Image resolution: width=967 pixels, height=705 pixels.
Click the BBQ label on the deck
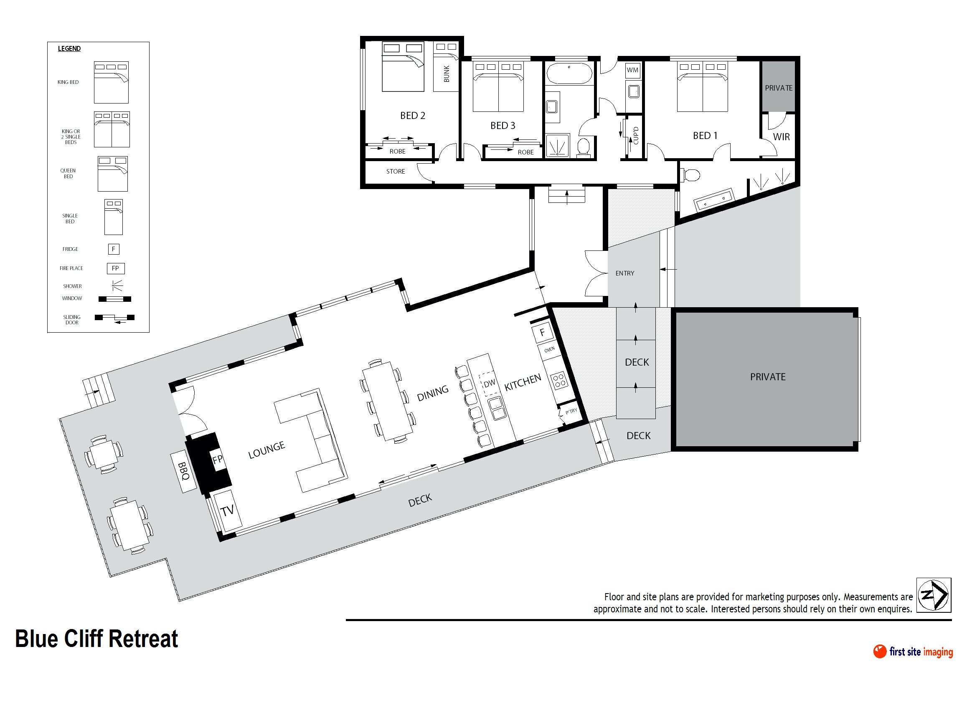[183, 471]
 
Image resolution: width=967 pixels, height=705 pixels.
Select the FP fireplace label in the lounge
[217, 459]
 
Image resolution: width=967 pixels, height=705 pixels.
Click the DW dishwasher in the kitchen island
[489, 383]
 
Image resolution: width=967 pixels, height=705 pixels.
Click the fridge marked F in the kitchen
[543, 332]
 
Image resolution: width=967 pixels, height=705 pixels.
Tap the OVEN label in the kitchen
[549, 349]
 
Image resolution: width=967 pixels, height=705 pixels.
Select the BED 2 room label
[413, 116]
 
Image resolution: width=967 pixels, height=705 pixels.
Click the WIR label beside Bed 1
[781, 137]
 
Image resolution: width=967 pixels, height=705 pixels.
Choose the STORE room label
[396, 172]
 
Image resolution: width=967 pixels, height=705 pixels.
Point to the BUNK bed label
[447, 74]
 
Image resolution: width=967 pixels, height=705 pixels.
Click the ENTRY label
[625, 273]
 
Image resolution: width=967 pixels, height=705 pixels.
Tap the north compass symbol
[934, 595]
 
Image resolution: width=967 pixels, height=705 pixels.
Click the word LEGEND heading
[69, 49]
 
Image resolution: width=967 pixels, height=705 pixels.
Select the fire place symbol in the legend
[115, 268]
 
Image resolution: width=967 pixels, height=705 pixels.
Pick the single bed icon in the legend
[114, 217]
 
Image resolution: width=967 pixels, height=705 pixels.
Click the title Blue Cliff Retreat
[96, 639]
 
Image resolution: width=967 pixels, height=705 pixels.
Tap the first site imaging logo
[913, 652]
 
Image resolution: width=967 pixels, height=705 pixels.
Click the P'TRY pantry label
[571, 411]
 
